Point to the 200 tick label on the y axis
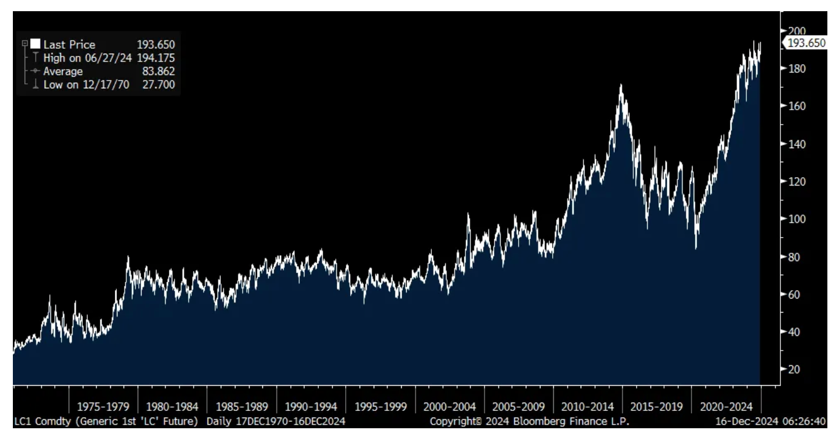pos(797,31)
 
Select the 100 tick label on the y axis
pos(797,219)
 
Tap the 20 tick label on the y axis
pos(793,369)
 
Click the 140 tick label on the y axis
pos(797,144)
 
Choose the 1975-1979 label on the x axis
pos(103,406)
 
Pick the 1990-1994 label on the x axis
pos(311,406)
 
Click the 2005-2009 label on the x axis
pos(519,406)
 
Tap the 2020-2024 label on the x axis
pos(726,406)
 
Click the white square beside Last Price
pos(35,44)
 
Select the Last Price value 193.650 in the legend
pos(156,45)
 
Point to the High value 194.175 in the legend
pos(156,58)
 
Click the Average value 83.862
pos(158,71)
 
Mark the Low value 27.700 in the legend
pos(158,84)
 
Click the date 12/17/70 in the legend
pos(106,84)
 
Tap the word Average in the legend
pos(63,71)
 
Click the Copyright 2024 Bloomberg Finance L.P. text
pos(529,422)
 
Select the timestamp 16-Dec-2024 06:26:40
pos(770,422)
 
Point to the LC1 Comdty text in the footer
pos(43,422)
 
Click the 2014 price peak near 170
pos(621,85)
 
